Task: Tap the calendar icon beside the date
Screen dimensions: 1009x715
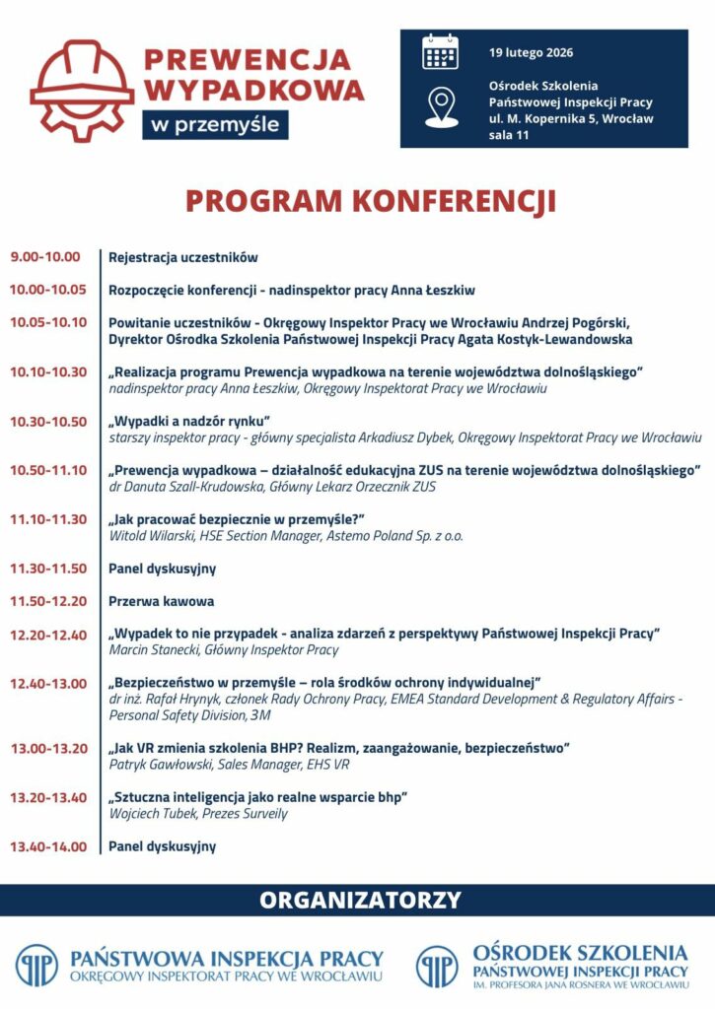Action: (440, 52)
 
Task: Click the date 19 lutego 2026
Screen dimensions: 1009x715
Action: (531, 52)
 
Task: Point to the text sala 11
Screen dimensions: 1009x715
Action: (509, 135)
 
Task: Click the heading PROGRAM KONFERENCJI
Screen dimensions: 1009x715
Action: (371, 201)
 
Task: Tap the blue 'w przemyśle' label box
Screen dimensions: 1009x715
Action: (215, 124)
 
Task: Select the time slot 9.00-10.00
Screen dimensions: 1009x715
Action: (45, 257)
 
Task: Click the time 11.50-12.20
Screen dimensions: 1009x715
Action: (48, 601)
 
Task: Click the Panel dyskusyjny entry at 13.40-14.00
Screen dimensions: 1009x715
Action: (162, 846)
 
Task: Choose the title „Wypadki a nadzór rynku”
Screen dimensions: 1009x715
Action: (189, 422)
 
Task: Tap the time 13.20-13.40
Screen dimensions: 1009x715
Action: (48, 797)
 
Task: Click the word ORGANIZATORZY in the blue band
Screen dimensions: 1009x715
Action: (360, 900)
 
